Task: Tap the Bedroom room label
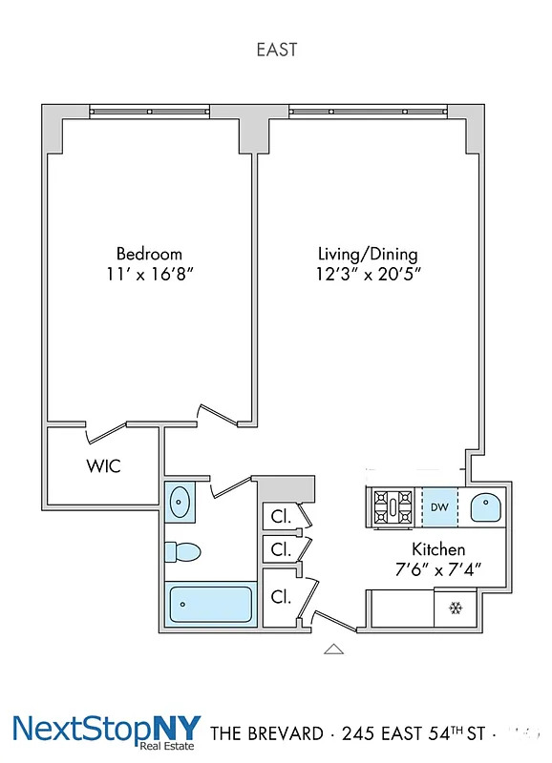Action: click(149, 254)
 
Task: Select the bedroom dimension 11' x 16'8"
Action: click(150, 274)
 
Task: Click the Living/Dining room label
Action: click(368, 255)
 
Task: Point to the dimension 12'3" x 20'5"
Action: click(369, 275)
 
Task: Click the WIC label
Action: click(104, 466)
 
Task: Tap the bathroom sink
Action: click(180, 502)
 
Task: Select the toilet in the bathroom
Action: click(181, 552)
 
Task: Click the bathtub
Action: click(211, 605)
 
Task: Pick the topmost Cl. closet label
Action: click(281, 516)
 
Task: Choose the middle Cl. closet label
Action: click(281, 549)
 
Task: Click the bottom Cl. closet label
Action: click(281, 597)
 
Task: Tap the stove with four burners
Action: click(393, 506)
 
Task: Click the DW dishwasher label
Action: click(439, 506)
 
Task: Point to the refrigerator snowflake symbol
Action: click(456, 608)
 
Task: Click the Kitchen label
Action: click(438, 549)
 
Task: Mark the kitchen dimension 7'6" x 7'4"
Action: click(438, 569)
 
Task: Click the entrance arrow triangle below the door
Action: click(332, 650)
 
